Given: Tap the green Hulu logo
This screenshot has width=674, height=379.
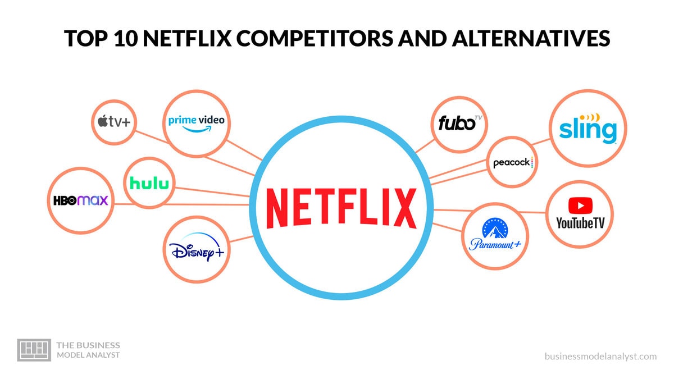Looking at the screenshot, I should (x=149, y=183).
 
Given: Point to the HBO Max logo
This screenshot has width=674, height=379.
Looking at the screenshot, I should (x=80, y=200).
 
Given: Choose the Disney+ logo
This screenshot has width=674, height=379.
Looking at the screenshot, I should (x=197, y=250).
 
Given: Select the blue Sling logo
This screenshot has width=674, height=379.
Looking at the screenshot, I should (x=588, y=129).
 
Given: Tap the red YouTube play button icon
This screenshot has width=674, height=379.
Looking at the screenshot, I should (x=580, y=205).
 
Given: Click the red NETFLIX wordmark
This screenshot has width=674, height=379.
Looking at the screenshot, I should (x=341, y=208).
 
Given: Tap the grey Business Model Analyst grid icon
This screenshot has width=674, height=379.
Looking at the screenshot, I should (x=34, y=349).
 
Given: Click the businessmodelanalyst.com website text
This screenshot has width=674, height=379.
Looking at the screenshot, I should (x=600, y=356).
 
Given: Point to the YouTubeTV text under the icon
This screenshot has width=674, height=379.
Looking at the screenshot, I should (x=580, y=223).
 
